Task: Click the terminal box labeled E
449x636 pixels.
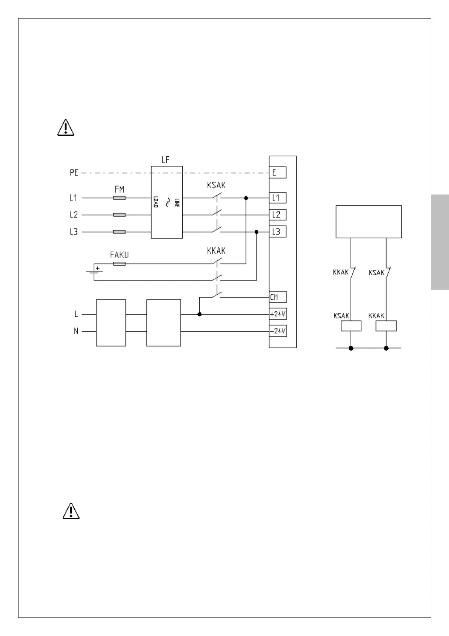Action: point(277,173)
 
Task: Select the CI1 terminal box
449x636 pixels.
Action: point(278,297)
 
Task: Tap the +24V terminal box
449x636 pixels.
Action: point(278,314)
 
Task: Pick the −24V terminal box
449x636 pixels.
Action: point(278,331)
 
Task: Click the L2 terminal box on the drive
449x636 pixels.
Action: point(277,215)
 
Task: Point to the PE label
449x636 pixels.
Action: point(74,173)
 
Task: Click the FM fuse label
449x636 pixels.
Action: point(119,189)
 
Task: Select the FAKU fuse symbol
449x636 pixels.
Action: point(119,264)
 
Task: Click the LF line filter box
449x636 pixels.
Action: point(166,202)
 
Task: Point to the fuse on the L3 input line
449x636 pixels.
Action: point(119,232)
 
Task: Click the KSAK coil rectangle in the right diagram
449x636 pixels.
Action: point(351,326)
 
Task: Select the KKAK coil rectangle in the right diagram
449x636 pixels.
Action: point(386,326)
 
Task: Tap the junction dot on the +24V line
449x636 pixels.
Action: point(200,314)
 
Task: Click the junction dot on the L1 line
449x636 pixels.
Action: point(246,198)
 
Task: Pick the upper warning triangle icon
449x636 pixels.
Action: point(66,128)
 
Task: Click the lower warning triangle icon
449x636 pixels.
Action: point(71,511)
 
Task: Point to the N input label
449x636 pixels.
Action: point(76,332)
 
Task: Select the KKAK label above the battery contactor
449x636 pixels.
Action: point(216,251)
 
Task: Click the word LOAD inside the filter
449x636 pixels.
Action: point(155,202)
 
